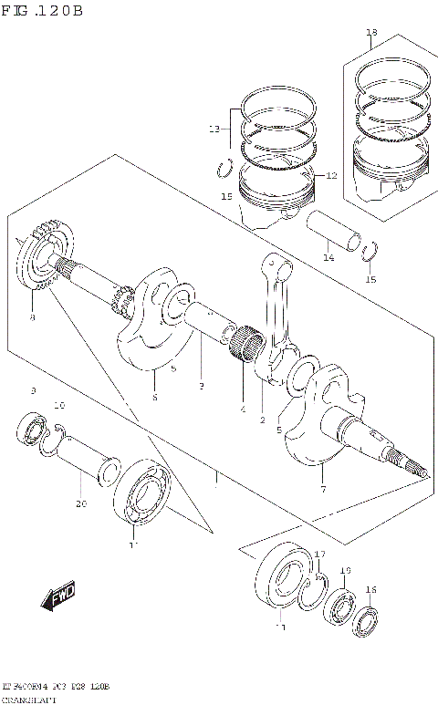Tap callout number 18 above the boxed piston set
tap(370, 34)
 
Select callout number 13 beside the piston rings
tap(214, 130)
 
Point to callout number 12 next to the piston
tap(330, 175)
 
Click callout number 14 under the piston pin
tap(328, 258)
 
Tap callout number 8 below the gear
tap(32, 318)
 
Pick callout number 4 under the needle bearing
tap(243, 410)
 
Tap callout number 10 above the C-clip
tap(58, 406)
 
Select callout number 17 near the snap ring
tap(319, 555)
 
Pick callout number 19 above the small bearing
tap(346, 570)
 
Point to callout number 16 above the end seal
tap(370, 590)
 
